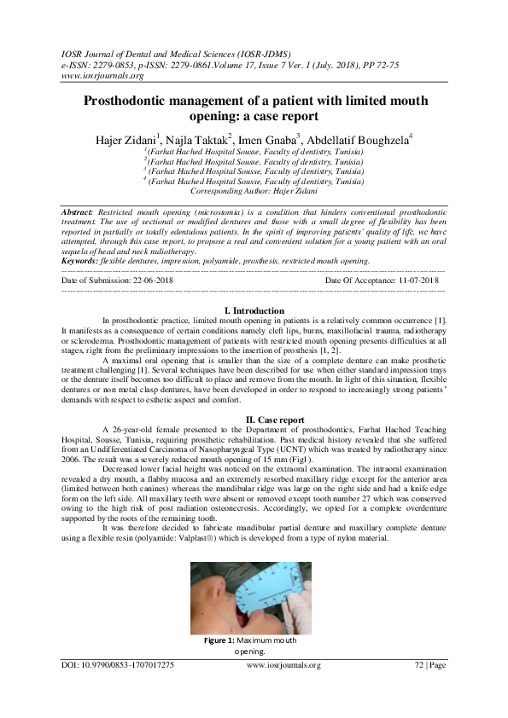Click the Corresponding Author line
pos(254,194)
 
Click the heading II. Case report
pos(254,420)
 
